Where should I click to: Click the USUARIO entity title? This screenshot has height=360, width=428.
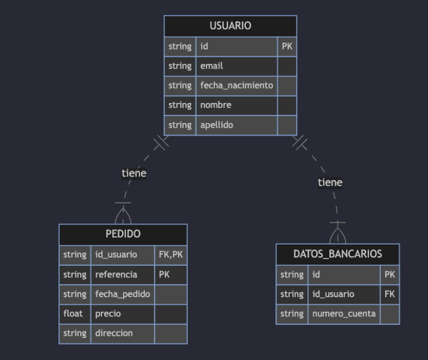[230, 26]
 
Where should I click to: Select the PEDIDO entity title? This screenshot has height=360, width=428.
[123, 234]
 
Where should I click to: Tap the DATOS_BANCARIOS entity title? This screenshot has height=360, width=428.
[338, 254]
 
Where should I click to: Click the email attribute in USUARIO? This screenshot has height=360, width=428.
[212, 66]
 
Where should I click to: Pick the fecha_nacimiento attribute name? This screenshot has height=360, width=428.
[237, 85]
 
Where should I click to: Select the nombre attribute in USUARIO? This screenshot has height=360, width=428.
[216, 105]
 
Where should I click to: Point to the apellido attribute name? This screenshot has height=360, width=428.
[217, 125]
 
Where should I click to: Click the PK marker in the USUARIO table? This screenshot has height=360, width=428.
[286, 47]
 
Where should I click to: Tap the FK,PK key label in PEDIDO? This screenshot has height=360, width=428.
[171, 255]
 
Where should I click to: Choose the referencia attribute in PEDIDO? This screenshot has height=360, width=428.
[116, 274]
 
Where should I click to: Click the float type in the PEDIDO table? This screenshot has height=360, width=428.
[73, 313]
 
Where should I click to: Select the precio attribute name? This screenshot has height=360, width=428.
[108, 313]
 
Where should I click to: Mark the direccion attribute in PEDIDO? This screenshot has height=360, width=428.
[114, 333]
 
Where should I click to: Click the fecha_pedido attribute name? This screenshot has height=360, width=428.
[123, 294]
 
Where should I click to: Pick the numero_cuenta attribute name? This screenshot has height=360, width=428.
[344, 314]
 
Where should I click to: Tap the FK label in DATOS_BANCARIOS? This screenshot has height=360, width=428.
[390, 294]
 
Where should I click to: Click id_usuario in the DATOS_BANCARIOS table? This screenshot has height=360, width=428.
[333, 294]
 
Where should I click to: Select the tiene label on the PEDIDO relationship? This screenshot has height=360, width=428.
[134, 173]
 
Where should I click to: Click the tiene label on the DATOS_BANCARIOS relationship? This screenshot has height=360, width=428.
[330, 182]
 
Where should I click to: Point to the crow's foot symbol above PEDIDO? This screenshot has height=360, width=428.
[123, 215]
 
